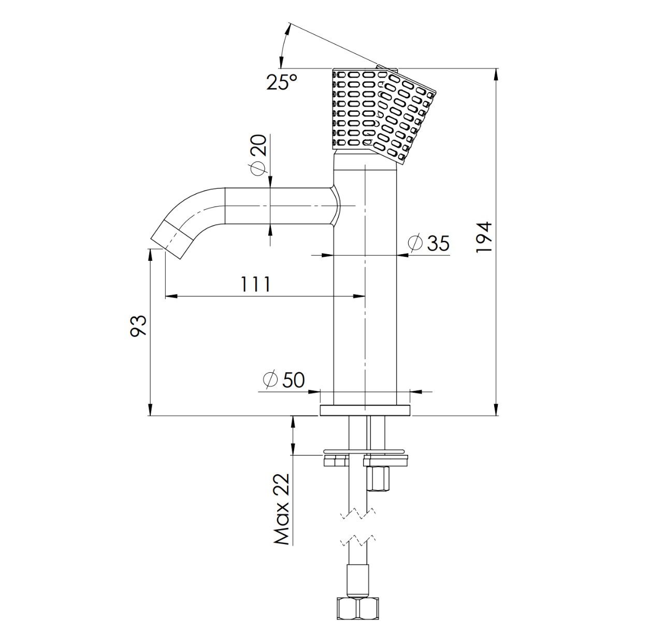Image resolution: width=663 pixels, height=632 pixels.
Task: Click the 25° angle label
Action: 282,82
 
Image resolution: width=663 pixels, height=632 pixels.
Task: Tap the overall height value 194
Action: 484,237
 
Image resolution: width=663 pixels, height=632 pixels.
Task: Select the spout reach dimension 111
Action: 255,284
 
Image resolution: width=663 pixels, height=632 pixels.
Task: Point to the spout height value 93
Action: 138,326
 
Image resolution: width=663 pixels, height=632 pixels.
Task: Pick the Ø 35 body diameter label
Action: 428,243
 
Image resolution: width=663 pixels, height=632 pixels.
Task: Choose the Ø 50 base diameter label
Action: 284,380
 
